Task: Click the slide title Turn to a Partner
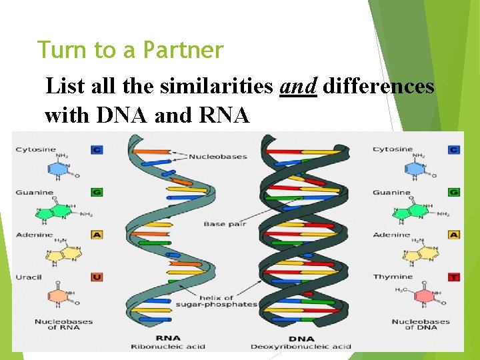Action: click(130, 50)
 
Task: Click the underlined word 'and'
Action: click(298, 87)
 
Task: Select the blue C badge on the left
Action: click(97, 150)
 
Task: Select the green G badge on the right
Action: click(454, 192)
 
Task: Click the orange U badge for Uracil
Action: click(97, 277)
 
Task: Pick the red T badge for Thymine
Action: click(454, 277)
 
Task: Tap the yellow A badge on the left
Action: click(97, 235)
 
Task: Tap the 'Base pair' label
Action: click(225, 224)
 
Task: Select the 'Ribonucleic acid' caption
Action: click(167, 346)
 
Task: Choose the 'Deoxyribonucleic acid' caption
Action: click(301, 346)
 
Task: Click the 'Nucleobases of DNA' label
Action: click(421, 324)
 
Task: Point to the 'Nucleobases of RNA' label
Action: click(64, 324)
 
